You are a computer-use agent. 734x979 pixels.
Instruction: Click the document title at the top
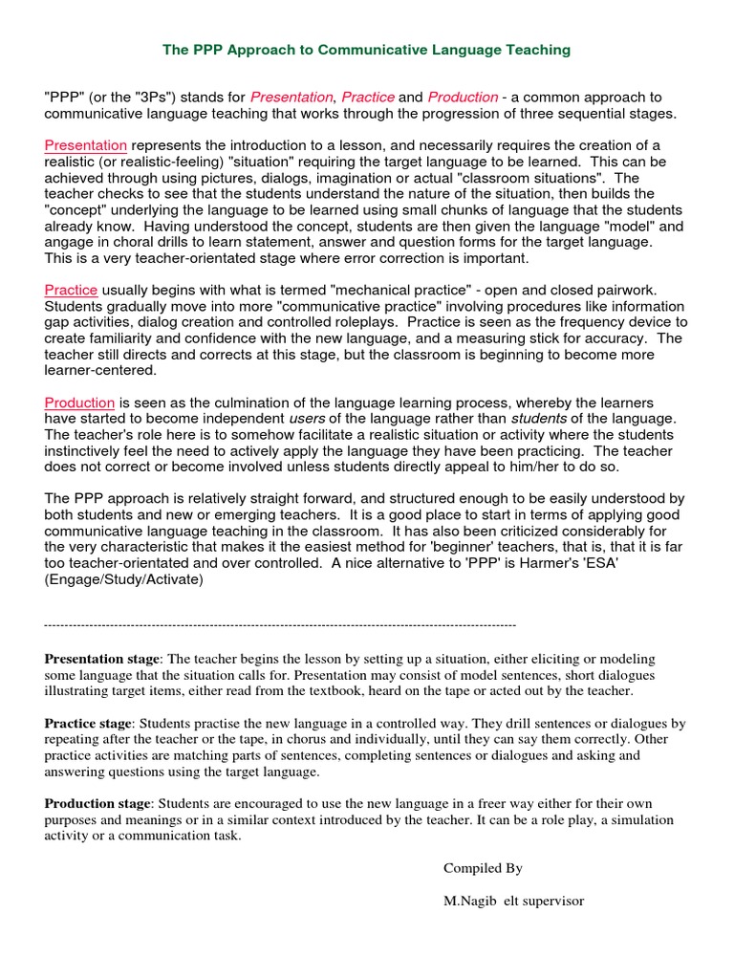pos(366,49)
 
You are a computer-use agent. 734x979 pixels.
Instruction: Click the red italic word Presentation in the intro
pos(291,98)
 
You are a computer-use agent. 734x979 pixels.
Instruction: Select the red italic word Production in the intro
pos(463,98)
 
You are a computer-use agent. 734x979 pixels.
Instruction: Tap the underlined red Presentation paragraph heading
pos(86,145)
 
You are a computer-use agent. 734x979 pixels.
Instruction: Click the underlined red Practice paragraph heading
pos(71,290)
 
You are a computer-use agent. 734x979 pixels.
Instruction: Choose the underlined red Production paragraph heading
pos(79,402)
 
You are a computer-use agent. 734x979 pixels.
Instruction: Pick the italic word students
pos(540,419)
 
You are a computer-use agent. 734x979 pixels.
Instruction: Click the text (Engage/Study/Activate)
pos(124,580)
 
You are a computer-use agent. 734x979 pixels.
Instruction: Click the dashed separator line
pos(280,624)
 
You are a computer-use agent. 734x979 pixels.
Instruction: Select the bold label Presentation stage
pos(102,660)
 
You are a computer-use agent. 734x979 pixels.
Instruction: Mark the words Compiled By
pos(483,868)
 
